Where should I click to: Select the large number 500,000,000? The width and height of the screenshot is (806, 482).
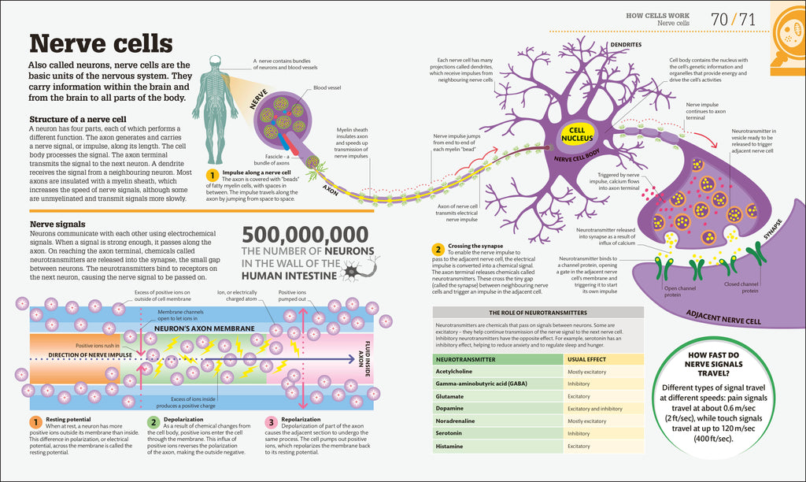(x=305, y=235)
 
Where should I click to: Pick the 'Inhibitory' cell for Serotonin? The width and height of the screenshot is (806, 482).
(x=579, y=433)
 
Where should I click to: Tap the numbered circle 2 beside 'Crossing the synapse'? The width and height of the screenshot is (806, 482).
(x=438, y=250)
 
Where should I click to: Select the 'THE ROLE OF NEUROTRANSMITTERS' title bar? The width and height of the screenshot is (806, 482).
(x=538, y=312)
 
